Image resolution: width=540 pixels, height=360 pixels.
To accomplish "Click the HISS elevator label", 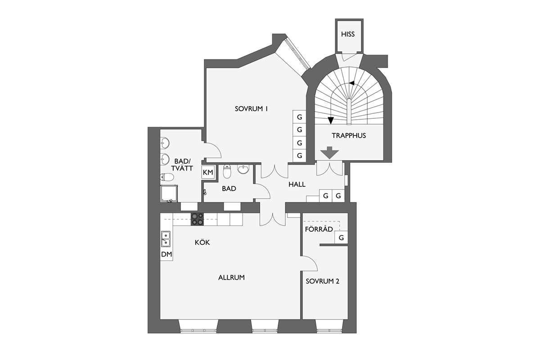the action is [348, 34].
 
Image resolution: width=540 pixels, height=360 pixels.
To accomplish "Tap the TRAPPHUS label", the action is [349, 135].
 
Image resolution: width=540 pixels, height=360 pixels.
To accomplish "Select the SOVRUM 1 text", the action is [251, 109].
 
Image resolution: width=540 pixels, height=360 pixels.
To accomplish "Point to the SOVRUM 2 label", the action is [322, 281].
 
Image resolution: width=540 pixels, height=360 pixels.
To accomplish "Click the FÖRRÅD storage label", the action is [319, 229].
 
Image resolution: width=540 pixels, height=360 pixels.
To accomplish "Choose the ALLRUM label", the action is [231, 278].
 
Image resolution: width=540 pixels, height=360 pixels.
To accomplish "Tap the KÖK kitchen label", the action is [202, 242].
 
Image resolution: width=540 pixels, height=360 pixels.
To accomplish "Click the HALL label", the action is [297, 184].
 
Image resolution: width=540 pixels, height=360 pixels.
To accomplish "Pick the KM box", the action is [208, 172].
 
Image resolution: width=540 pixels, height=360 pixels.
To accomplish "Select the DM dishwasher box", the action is [166, 254].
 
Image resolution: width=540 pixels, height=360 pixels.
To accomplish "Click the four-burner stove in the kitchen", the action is [197, 219].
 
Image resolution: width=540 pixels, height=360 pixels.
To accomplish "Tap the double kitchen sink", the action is [166, 238].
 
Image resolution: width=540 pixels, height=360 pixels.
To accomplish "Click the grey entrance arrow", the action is [329, 153].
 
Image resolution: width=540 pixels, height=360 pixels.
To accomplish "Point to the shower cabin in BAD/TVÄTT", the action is [169, 193].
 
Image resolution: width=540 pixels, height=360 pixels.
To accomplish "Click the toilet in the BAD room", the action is [227, 171].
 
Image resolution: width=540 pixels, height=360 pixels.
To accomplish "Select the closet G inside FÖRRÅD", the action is [341, 238].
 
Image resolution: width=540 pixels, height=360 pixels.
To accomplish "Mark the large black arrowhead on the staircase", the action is [330, 120].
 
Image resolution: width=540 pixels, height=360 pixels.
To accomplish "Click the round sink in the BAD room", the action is [243, 169].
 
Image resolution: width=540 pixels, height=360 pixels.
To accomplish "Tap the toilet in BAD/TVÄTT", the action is [167, 177].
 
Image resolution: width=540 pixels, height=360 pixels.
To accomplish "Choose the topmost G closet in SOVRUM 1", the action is [299, 117].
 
